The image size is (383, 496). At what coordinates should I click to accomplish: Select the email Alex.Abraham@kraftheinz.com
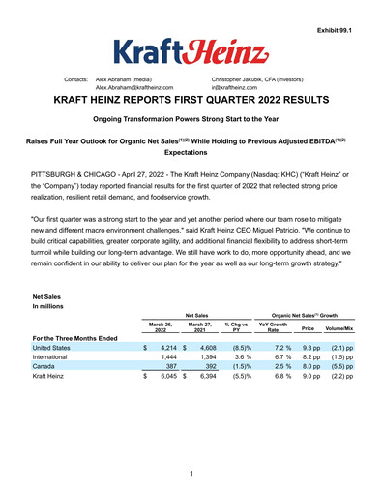[x=141, y=85]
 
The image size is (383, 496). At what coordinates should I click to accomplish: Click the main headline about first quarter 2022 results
[x=191, y=99]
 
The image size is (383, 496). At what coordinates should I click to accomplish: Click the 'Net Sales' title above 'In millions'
[x=46, y=297]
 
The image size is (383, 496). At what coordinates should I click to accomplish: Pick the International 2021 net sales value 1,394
[x=206, y=357]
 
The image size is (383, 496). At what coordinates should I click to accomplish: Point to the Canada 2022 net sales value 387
[x=171, y=368]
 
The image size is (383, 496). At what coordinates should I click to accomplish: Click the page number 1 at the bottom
[x=191, y=473]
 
